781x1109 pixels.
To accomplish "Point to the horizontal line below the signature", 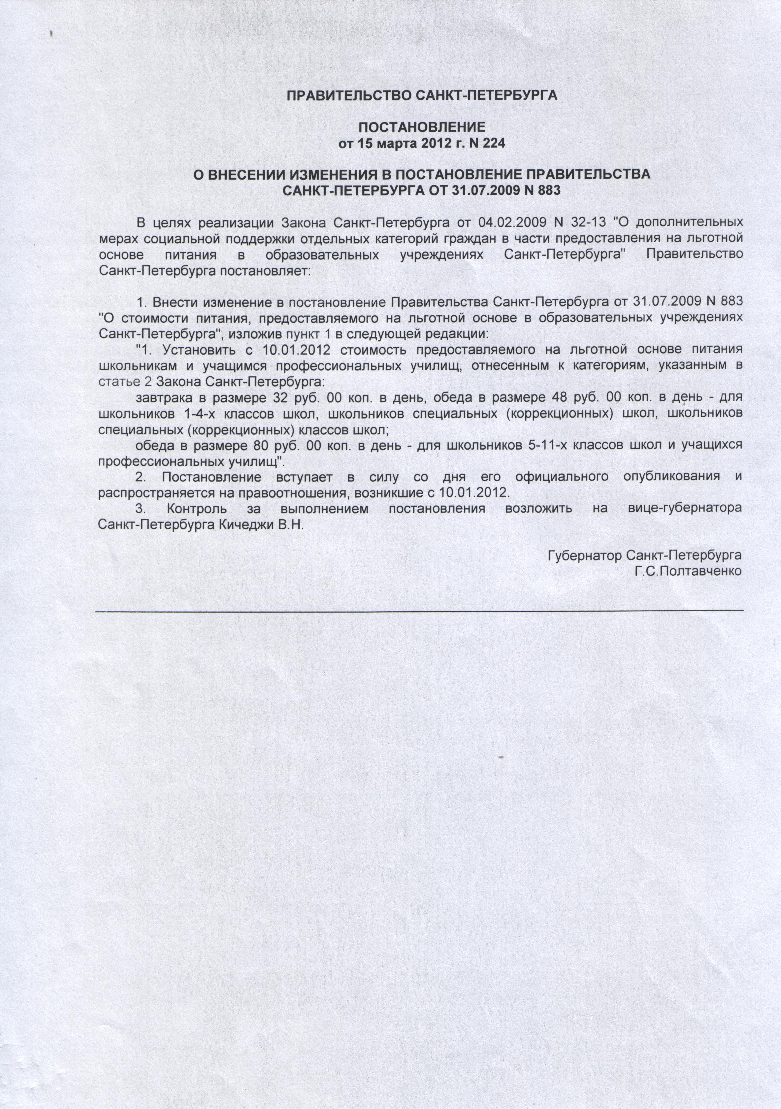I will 419,611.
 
